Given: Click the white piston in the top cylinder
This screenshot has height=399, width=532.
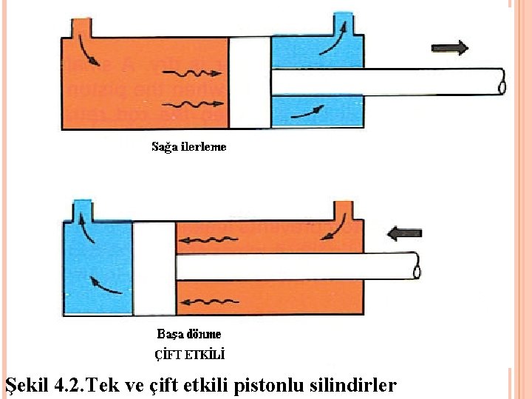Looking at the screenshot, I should (x=250, y=83).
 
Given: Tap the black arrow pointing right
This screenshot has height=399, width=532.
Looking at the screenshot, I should (x=450, y=48).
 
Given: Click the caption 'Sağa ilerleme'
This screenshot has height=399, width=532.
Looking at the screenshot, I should (x=189, y=146).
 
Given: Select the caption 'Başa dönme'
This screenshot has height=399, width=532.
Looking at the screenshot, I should (x=189, y=334).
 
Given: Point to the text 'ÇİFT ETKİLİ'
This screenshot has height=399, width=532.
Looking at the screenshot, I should (x=189, y=354).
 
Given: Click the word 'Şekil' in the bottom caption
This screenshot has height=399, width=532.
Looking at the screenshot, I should (x=27, y=385).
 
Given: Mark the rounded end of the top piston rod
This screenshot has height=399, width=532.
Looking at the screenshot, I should (x=502, y=83).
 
